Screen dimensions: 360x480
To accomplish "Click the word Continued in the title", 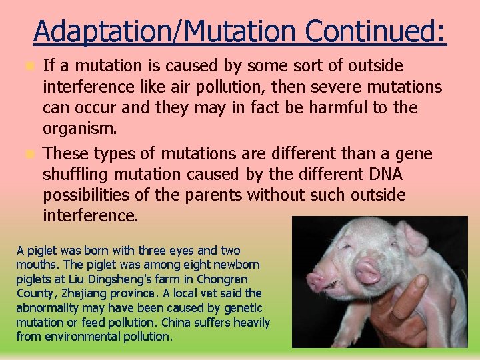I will point(376,31).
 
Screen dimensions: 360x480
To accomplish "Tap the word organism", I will point(79,128).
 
